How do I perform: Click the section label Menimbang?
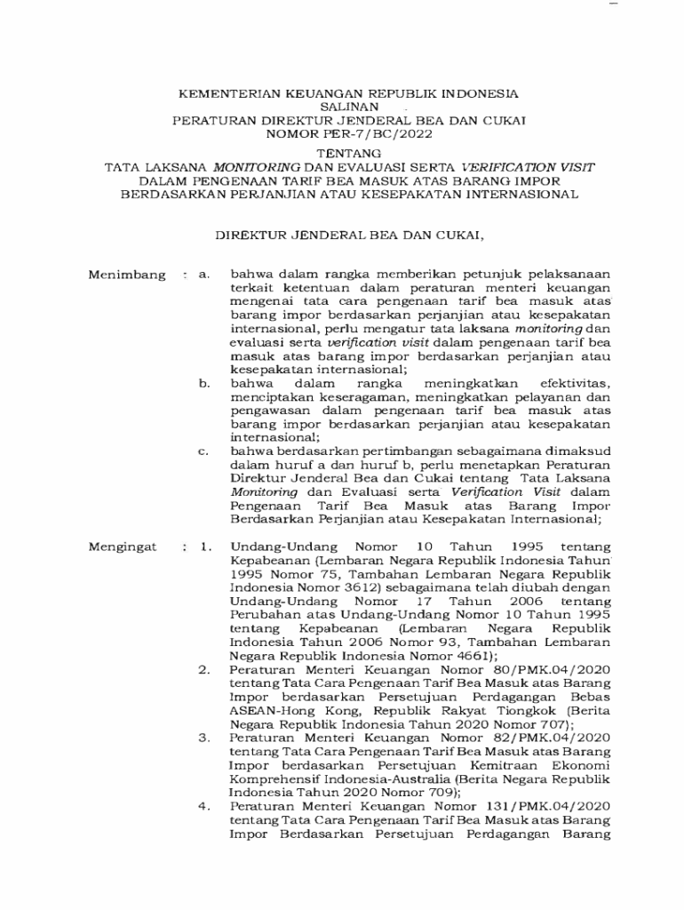point(127,275)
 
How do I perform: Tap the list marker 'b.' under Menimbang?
point(204,382)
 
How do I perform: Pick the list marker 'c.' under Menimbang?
point(204,451)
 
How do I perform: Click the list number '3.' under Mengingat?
point(204,737)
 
